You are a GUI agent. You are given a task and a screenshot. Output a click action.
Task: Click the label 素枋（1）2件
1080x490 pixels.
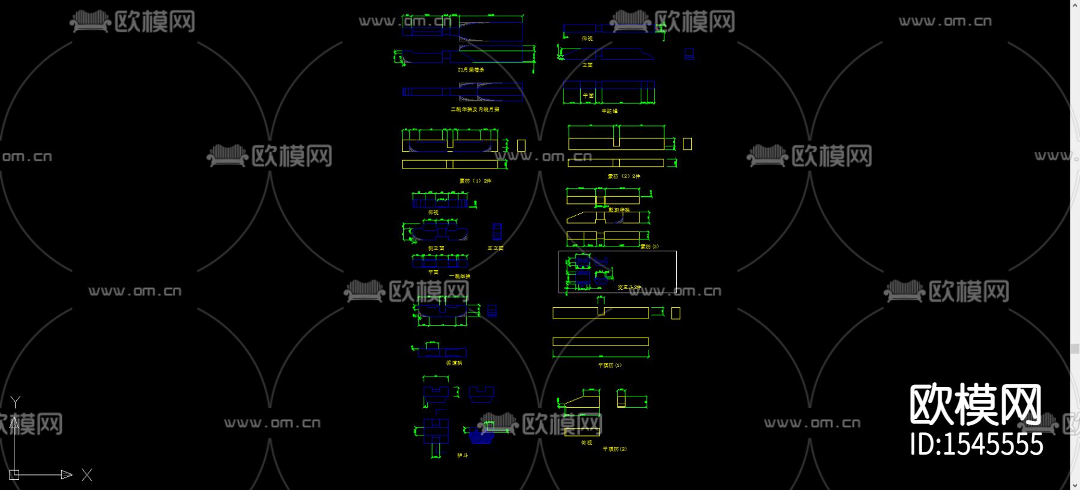coord(475,181)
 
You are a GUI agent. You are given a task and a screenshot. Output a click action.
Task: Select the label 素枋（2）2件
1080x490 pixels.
coord(624,176)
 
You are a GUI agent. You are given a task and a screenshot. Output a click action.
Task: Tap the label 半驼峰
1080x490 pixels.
coord(610,111)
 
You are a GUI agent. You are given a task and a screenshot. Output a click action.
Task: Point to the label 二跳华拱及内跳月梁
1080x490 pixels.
coord(475,110)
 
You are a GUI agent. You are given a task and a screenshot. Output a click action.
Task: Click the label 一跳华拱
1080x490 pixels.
coord(460,276)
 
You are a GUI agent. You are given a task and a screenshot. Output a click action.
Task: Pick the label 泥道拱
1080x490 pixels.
coord(454,363)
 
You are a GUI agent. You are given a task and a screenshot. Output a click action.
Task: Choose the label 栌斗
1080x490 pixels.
coord(463,456)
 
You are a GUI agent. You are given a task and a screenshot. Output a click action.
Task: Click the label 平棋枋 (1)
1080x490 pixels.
coord(610,365)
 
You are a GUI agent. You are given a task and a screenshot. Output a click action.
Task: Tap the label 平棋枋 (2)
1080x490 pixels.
coord(614,449)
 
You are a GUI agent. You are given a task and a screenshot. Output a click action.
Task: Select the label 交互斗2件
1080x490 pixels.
coord(629,287)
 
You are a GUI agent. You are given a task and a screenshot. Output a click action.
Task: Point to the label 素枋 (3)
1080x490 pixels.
coord(650,246)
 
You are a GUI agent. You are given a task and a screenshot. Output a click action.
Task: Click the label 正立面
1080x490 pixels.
coord(496,248)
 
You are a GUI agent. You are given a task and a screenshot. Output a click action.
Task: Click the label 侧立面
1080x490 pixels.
coord(436,248)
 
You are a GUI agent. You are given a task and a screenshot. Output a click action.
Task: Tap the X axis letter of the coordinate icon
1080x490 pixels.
coord(87,475)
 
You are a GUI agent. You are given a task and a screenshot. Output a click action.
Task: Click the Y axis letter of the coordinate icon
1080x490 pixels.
coord(16,401)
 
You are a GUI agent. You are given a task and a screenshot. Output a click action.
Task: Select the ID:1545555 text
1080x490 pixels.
coord(976,445)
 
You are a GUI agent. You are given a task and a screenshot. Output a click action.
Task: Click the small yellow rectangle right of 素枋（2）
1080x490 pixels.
coord(688,144)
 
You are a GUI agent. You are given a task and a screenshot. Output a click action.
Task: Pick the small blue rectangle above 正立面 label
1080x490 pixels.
coord(497,232)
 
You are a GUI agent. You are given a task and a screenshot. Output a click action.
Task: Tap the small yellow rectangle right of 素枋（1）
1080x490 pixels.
coord(521,146)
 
